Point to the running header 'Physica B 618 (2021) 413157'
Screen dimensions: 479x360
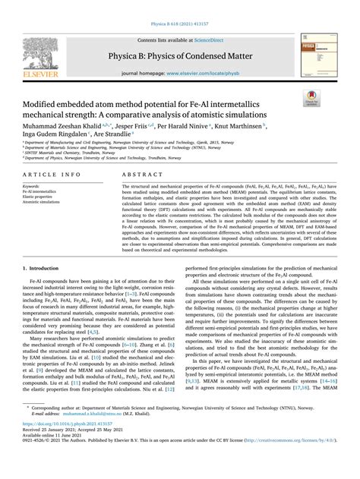[x=179, y=6]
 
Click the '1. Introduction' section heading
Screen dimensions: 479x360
[x=43, y=269]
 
